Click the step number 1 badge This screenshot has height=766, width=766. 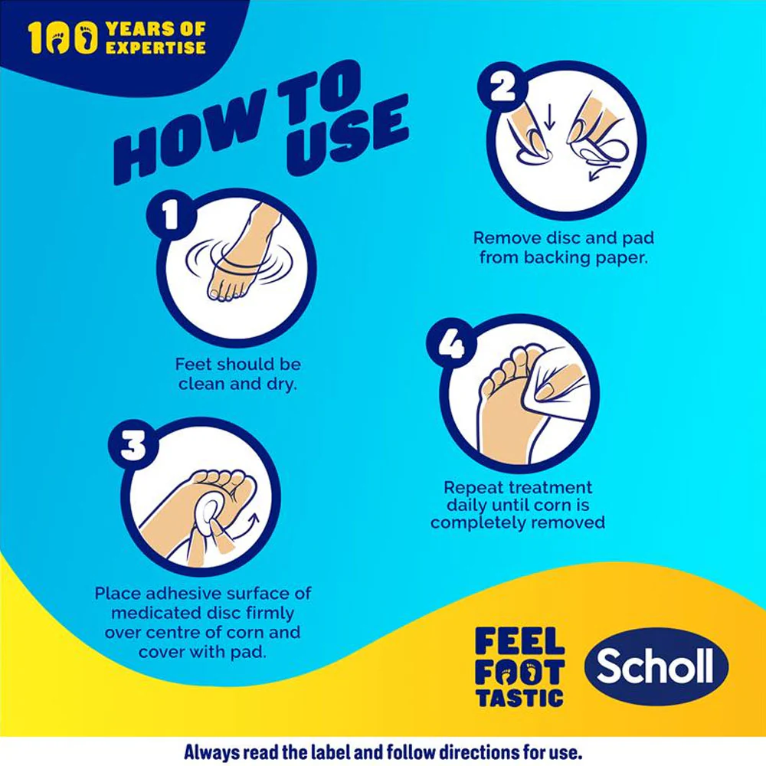171,216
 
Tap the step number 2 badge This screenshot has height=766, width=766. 502,87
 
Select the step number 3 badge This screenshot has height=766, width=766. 133,445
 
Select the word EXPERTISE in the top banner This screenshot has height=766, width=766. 155,47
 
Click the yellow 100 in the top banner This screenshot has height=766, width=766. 63,38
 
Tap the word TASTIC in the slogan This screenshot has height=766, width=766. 520,698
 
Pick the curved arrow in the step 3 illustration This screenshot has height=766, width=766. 246,527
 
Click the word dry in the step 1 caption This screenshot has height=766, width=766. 281,384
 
